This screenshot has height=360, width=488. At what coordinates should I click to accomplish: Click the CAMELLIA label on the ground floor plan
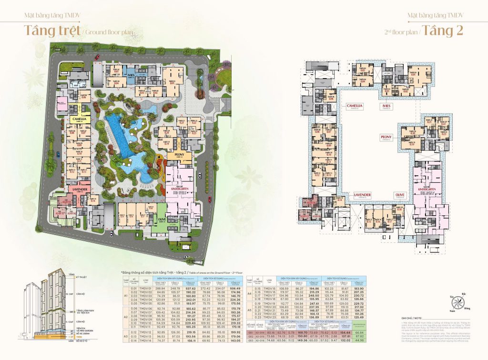pos(79,119)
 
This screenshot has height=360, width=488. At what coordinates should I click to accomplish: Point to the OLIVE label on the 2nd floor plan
pos(399,194)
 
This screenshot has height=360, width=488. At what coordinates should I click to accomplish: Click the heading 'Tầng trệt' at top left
pos(52,30)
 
